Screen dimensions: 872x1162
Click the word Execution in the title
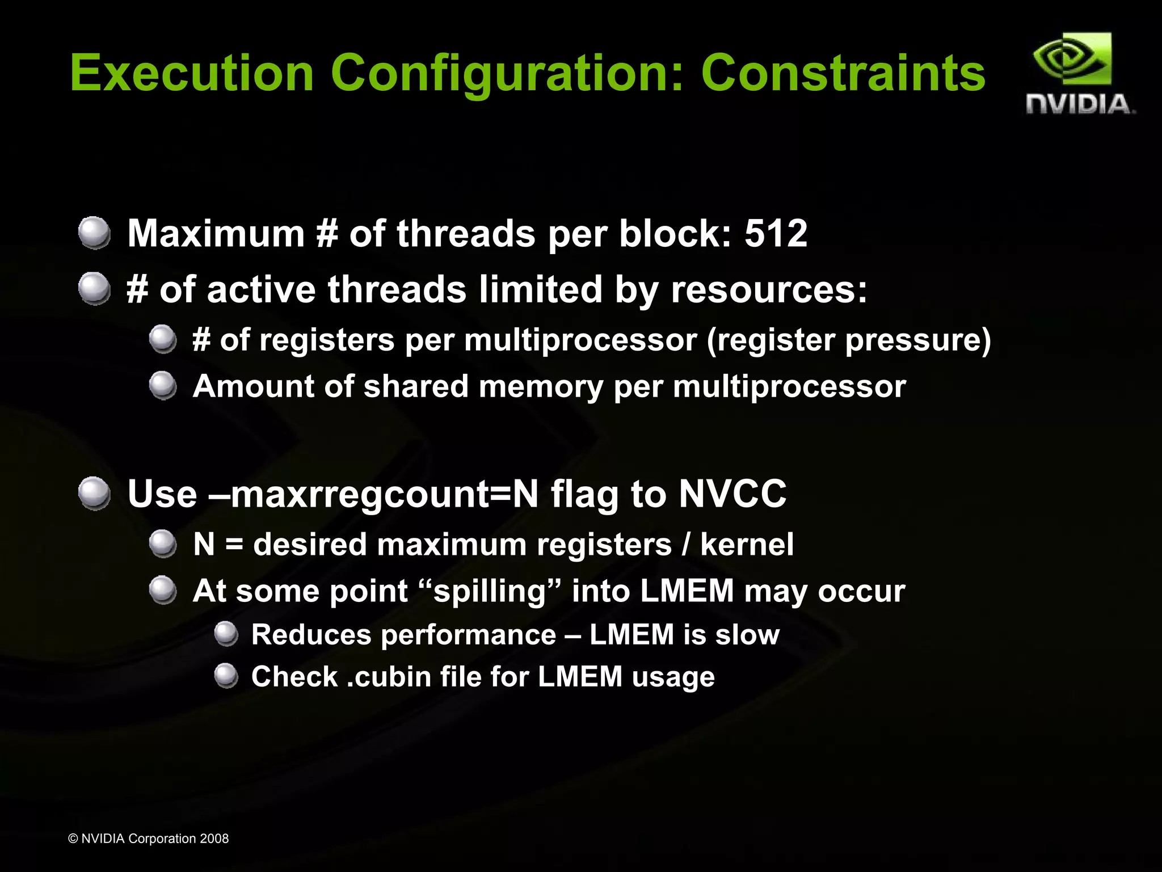[192, 73]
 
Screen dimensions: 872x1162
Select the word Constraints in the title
[843, 73]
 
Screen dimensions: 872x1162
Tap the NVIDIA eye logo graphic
[1072, 60]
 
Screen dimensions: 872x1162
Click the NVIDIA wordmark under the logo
[1080, 104]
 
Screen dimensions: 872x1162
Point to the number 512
[776, 233]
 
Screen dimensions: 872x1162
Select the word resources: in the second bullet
[769, 289]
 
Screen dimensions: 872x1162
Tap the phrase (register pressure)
[849, 340]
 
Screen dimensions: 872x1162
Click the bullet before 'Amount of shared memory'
[163, 386]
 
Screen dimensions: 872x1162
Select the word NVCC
[732, 494]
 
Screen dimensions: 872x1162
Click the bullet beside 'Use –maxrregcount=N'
[94, 493]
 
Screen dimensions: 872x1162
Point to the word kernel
[747, 545]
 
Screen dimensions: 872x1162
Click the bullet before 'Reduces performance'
[226, 634]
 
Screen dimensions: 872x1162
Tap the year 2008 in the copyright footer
[214, 839]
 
